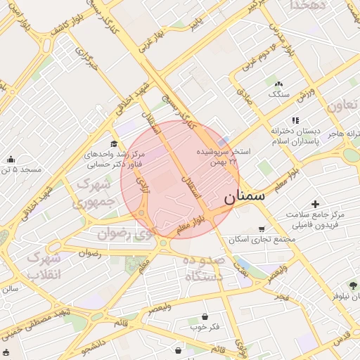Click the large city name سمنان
[245, 198]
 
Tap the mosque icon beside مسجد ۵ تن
[9, 159]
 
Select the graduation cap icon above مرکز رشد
[114, 143]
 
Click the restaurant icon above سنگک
[279, 84]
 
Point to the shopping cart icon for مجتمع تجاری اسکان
[262, 229]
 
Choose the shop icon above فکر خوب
[205, 317]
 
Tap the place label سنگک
[276, 94]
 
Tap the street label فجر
[282, 297]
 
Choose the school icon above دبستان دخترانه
[296, 120]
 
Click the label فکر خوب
[204, 328]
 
